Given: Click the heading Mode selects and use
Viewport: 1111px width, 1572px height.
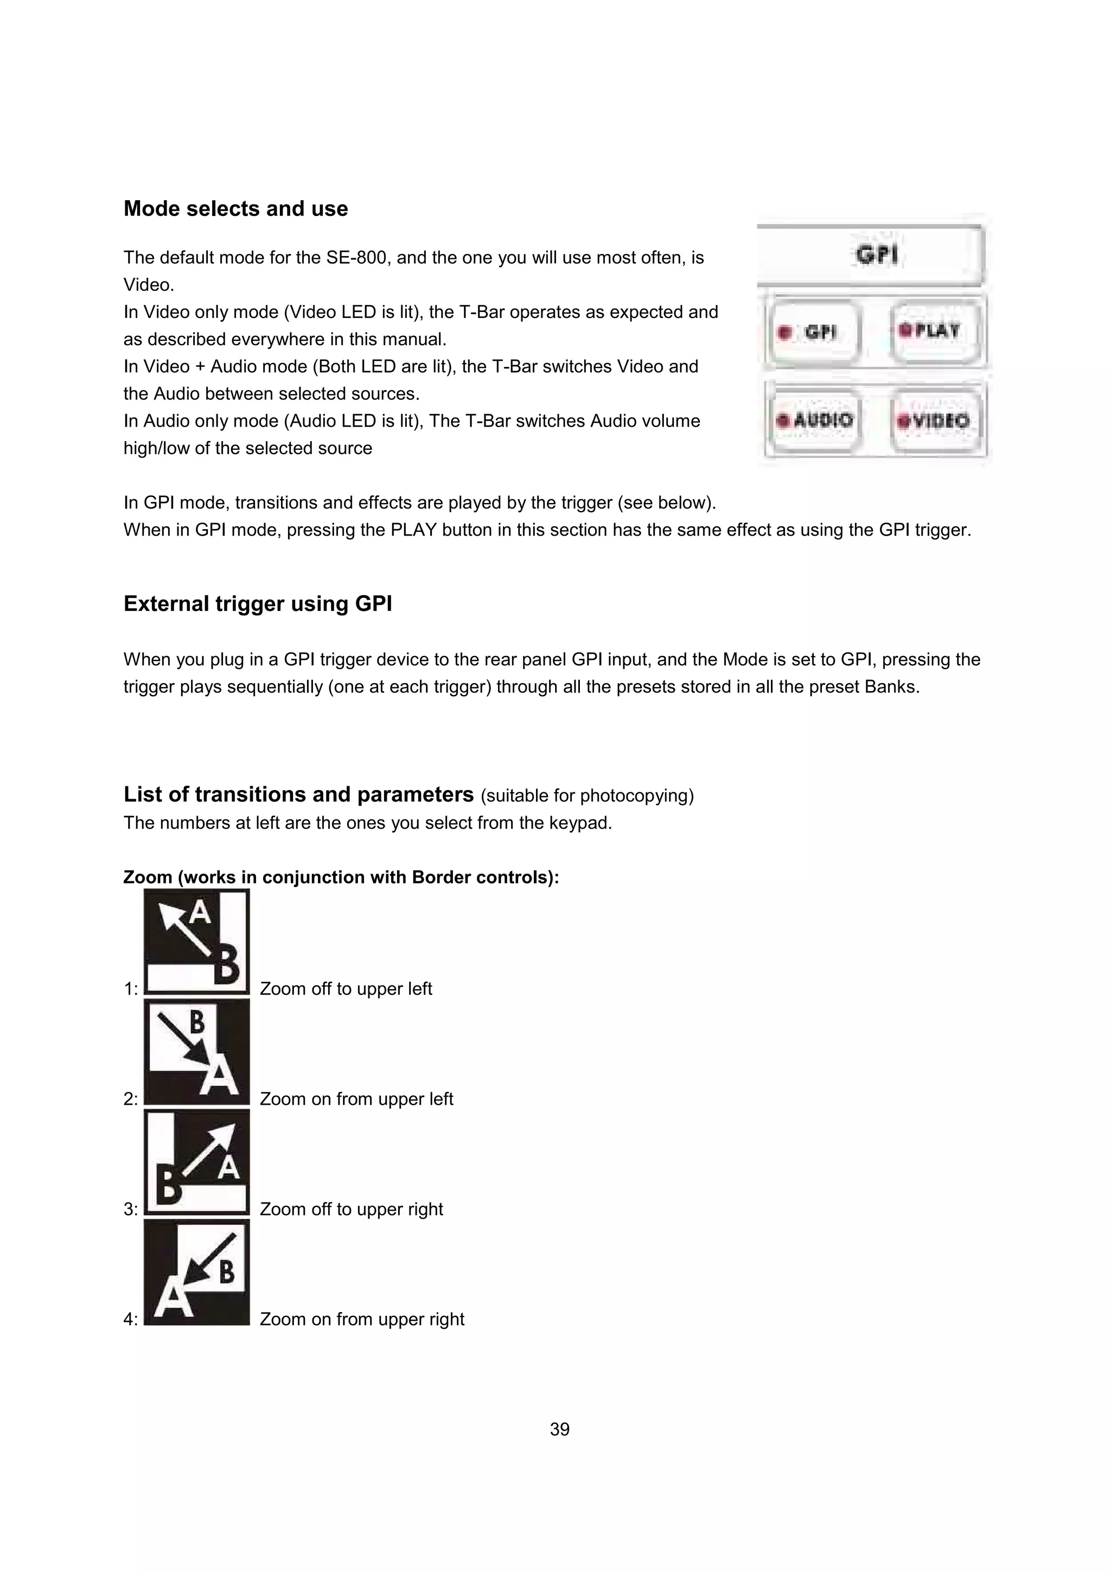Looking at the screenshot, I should (x=235, y=209).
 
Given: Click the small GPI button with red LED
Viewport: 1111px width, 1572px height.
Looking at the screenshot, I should (x=813, y=333).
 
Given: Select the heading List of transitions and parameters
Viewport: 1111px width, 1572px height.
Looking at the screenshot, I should (x=298, y=794).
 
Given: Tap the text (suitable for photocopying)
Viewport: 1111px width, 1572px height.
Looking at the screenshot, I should (x=586, y=796).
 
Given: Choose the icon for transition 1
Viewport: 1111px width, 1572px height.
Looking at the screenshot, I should (x=196, y=941).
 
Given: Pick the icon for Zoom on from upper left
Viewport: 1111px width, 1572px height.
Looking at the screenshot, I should (x=196, y=1052).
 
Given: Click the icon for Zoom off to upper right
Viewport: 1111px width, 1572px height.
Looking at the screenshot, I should (x=196, y=1162).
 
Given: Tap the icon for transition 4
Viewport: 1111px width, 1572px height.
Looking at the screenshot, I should (x=196, y=1272).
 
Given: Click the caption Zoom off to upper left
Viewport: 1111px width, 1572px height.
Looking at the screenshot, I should (x=346, y=989).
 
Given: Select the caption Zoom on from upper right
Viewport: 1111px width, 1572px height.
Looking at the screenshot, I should (x=361, y=1319).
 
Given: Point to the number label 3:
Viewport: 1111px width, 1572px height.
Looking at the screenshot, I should (x=131, y=1210).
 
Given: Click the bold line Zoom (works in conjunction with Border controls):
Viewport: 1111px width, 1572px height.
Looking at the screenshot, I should (x=341, y=878).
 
